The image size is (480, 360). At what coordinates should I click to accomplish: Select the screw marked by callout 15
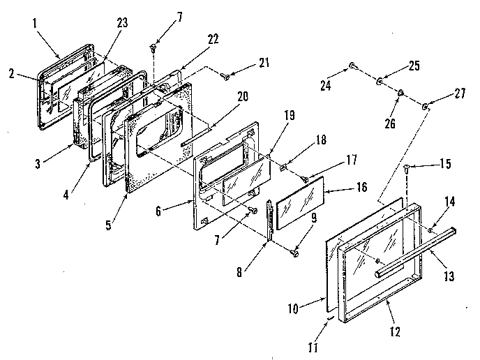[409, 167]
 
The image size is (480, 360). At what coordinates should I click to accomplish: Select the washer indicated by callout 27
[426, 106]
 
